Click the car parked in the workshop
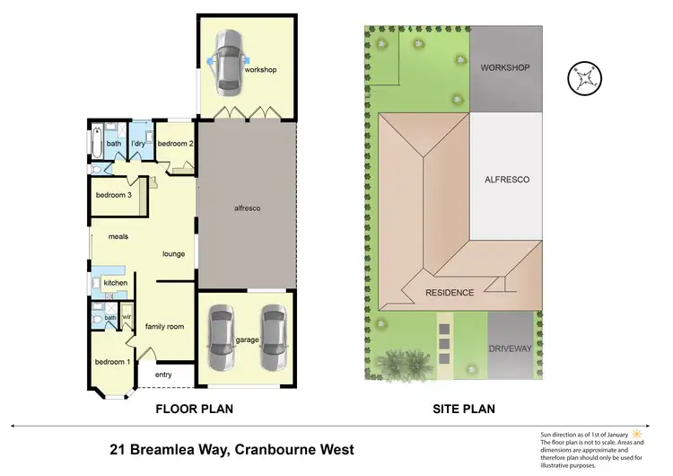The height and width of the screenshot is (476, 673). point(229,62)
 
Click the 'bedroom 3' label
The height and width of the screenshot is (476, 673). point(114,195)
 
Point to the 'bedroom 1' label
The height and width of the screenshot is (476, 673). point(112,361)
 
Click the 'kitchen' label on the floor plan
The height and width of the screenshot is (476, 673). point(116,284)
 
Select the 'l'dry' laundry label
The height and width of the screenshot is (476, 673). point(138,144)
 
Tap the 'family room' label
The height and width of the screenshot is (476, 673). point(165,326)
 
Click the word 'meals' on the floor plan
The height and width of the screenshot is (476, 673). point(119,237)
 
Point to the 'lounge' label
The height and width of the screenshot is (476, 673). point(173,254)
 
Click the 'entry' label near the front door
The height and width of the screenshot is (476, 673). point(163,375)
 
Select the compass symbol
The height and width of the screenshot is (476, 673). point(584,77)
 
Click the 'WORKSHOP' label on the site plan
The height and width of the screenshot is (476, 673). point(506,68)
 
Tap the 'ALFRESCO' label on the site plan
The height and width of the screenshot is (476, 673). point(506,180)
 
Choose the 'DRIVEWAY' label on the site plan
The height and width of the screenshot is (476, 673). point(511,348)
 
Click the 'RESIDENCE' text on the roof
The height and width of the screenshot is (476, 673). point(450,294)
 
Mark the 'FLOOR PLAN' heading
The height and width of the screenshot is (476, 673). point(195,409)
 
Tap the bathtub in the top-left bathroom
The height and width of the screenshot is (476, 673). point(96,145)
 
